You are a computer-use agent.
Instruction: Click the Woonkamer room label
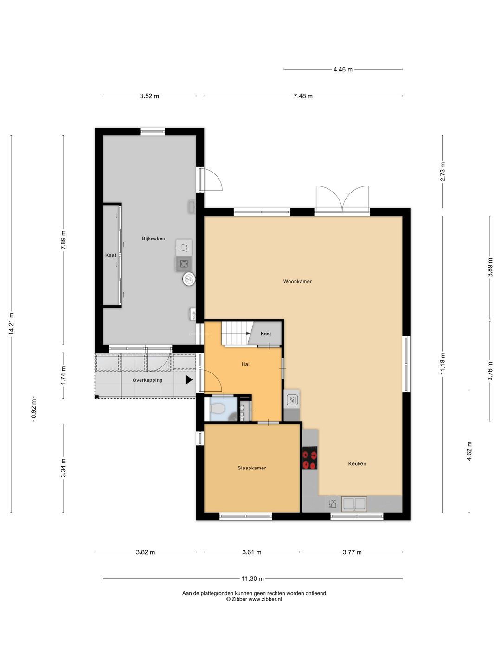pyautogui.click(x=297, y=281)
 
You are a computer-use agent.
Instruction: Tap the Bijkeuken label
pyautogui.click(x=153, y=238)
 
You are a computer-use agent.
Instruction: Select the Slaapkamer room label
pyautogui.click(x=251, y=468)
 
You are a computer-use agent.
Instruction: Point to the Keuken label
pyautogui.click(x=357, y=464)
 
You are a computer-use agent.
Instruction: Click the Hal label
pyautogui.click(x=245, y=364)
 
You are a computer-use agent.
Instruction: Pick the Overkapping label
pyautogui.click(x=147, y=380)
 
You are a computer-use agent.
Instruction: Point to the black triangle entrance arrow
pyautogui.click(x=189, y=379)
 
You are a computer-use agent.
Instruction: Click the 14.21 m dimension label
pyautogui.click(x=11, y=323)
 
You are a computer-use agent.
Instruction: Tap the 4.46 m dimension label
pyautogui.click(x=343, y=70)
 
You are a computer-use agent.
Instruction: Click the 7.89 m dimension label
pyautogui.click(x=63, y=240)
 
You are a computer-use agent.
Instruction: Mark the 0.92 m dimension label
pyautogui.click(x=34, y=409)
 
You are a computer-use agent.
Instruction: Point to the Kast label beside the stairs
pyautogui.click(x=265, y=334)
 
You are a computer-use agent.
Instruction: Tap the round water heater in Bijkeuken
pyautogui.click(x=189, y=279)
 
